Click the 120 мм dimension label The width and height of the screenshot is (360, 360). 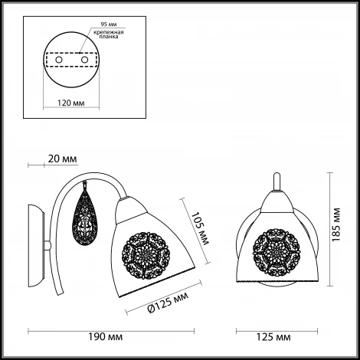tap(70, 103)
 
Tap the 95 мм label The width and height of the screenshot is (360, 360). tap(109, 25)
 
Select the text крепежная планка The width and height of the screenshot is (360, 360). tap(109, 34)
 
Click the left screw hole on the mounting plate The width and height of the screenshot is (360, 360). tap(59, 60)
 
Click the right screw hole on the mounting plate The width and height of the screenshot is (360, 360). tap(84, 60)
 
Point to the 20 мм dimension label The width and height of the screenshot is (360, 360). tap(62, 159)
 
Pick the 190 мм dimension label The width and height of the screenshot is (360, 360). tap(105, 337)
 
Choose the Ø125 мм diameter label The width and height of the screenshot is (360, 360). tap(168, 303)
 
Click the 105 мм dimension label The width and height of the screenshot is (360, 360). tap(201, 228)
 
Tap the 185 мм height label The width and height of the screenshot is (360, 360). tap(336, 224)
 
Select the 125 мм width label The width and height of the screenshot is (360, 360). tap(273, 337)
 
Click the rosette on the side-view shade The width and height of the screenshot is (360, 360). tap(146, 255)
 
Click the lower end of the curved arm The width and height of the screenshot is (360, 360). tap(61, 293)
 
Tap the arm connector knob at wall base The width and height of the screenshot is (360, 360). tap(47, 245)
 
